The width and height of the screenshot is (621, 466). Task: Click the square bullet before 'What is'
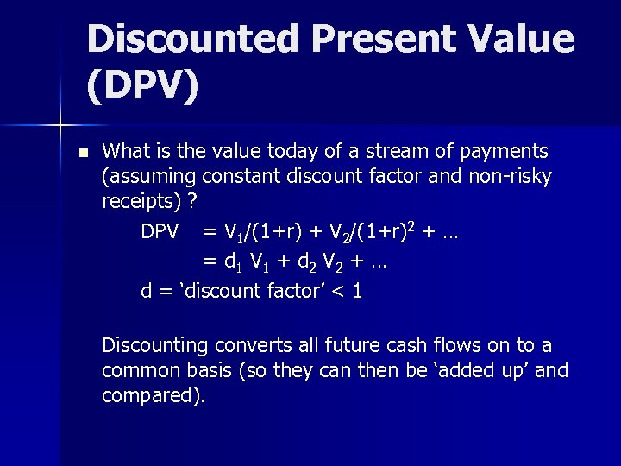coord(83,153)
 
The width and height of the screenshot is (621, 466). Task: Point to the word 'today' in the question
coord(264,152)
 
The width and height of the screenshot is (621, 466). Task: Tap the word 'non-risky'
coord(510,176)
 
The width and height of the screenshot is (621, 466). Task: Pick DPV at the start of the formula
coord(160,232)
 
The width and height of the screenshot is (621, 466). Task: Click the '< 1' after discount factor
coord(350,291)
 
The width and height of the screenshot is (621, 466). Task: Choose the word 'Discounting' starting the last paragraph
coord(155,346)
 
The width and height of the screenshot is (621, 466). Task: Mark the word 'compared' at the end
coord(152,395)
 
